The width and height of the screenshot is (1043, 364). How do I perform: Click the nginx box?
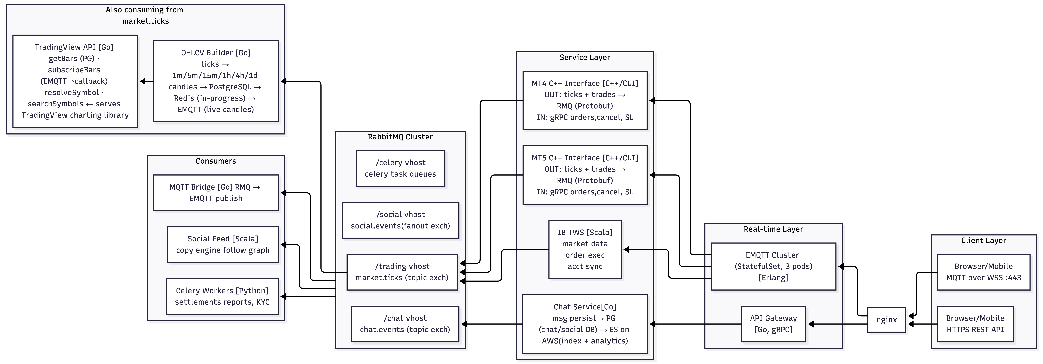coord(886,320)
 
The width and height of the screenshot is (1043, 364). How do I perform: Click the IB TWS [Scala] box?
coord(585,249)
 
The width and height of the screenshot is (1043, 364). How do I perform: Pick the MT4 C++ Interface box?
coord(585,100)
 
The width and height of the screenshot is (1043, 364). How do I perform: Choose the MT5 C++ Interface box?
coord(585,175)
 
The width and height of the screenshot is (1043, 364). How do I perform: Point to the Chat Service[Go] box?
coord(585,324)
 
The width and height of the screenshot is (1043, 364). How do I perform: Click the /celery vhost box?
coord(400,168)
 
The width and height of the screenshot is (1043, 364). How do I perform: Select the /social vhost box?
coord(400,220)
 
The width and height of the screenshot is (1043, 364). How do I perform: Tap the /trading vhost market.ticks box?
coord(402,272)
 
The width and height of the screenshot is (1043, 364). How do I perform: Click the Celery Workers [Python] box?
coord(222,296)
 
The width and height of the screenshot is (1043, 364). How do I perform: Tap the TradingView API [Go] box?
coord(75,81)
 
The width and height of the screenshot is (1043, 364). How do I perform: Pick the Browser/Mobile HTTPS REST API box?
coord(975,324)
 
